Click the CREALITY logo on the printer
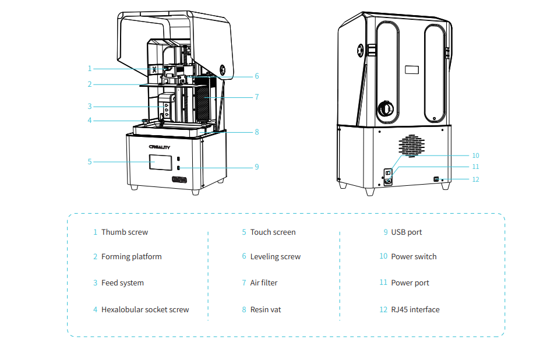pyautogui.click(x=160, y=147)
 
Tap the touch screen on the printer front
pyautogui.click(x=161, y=163)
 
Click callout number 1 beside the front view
pyautogui.click(x=90, y=69)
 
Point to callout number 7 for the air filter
pyautogui.click(x=257, y=97)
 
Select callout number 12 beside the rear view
pyautogui.click(x=475, y=179)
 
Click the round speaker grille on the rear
pyautogui.click(x=412, y=146)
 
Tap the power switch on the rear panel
pyautogui.click(x=388, y=173)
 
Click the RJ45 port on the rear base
pyautogui.click(x=436, y=179)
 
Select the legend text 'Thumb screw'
pyautogui.click(x=125, y=232)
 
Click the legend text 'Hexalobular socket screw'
pyautogui.click(x=145, y=309)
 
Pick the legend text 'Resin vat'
pyautogui.click(x=266, y=309)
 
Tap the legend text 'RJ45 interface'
pyautogui.click(x=415, y=309)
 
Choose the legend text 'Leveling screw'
pyautogui.click(x=276, y=256)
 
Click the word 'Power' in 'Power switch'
pyautogui.click(x=401, y=256)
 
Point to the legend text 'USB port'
pyautogui.click(x=407, y=232)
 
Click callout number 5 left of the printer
pyautogui.click(x=90, y=162)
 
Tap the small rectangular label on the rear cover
pyautogui.click(x=412, y=69)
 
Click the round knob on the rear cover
pyautogui.click(x=386, y=108)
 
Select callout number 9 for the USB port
pyautogui.click(x=257, y=167)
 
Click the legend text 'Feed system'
pyautogui.click(x=122, y=283)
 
